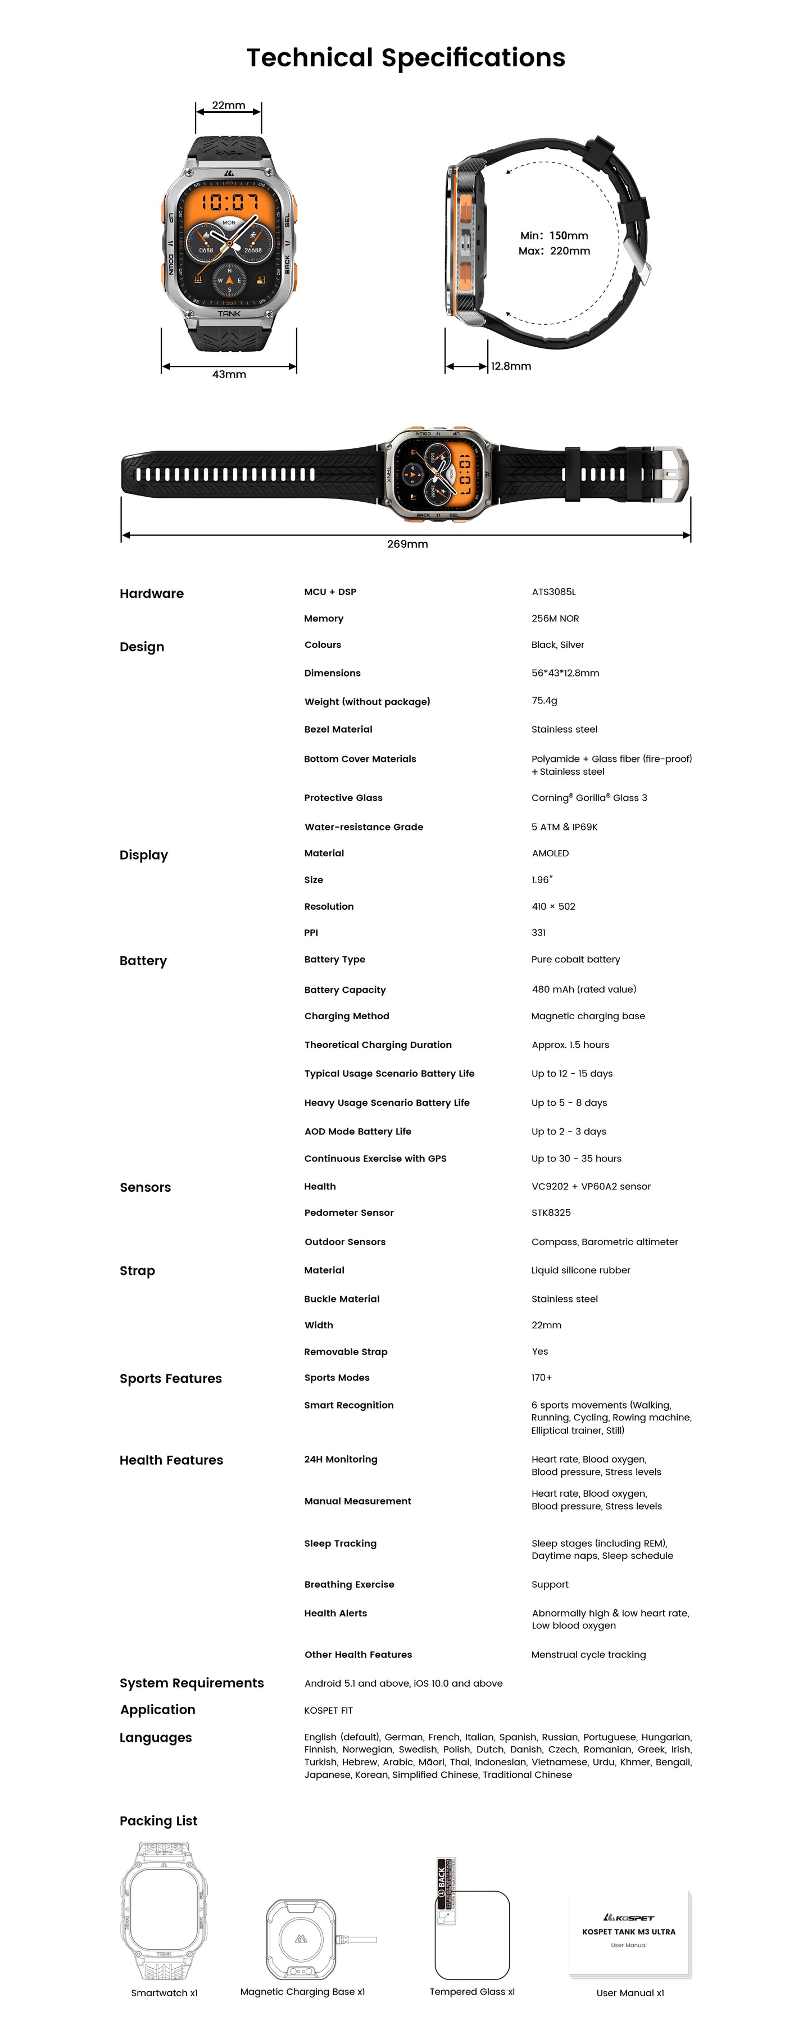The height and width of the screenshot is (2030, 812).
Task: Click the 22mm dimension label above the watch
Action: pos(229,106)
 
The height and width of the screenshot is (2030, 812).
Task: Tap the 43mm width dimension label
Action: pos(229,374)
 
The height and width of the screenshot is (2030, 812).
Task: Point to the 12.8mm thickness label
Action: pos(511,366)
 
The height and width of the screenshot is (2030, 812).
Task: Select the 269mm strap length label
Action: pos(407,544)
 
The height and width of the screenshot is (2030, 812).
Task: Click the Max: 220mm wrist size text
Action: pos(554,251)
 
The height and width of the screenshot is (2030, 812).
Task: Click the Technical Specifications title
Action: pos(405,57)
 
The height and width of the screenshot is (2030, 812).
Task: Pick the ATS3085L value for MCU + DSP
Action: pos(554,592)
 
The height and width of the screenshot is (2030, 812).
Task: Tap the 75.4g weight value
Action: pos(544,701)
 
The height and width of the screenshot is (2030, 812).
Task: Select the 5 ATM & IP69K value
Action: pos(564,826)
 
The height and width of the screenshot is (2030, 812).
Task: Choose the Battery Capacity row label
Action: pos(344,990)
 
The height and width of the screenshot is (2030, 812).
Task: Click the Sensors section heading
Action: pos(145,1188)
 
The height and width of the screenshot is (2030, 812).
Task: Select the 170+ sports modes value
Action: pos(542,1378)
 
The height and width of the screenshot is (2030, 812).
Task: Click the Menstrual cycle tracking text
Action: pos(588,1655)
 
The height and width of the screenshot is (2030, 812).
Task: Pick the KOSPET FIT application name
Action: pos(328,1711)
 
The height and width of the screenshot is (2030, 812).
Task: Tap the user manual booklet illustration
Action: pos(629,1932)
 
